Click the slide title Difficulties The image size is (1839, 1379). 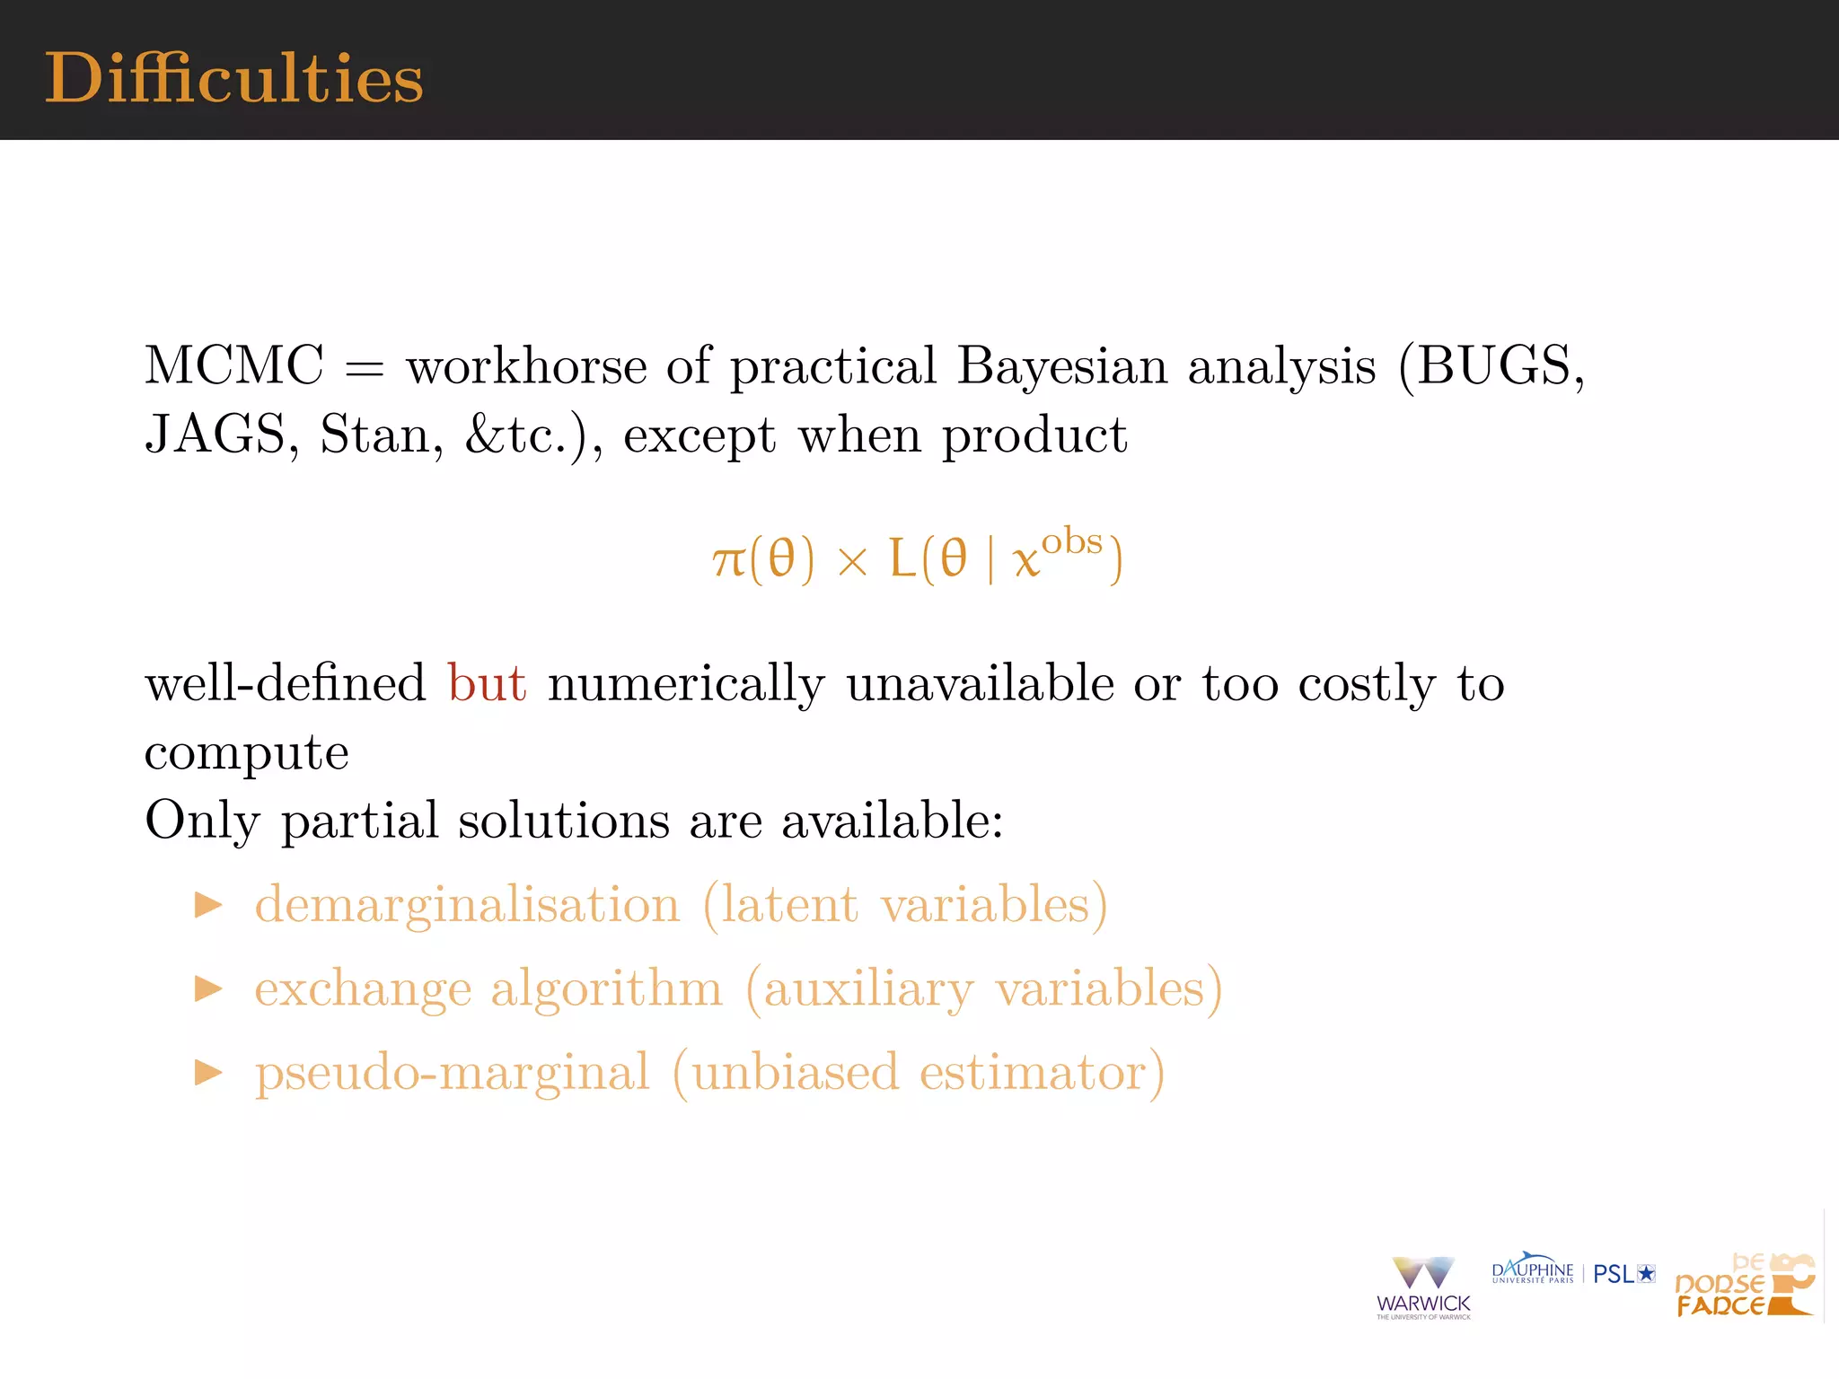point(233,79)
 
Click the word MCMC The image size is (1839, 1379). point(234,366)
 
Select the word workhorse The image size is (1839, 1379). point(526,366)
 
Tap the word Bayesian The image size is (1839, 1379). point(1061,366)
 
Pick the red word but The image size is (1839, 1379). point(487,683)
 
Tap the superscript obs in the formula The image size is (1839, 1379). point(1071,541)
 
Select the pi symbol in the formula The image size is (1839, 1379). point(728,560)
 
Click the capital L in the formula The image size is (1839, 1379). point(902,558)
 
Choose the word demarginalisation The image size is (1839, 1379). point(467,904)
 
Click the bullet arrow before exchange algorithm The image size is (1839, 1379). point(208,988)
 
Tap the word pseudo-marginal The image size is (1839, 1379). point(452,1072)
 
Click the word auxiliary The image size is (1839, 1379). point(868,989)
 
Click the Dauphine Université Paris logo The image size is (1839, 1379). point(1532,1269)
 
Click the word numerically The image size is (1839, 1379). point(686,684)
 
